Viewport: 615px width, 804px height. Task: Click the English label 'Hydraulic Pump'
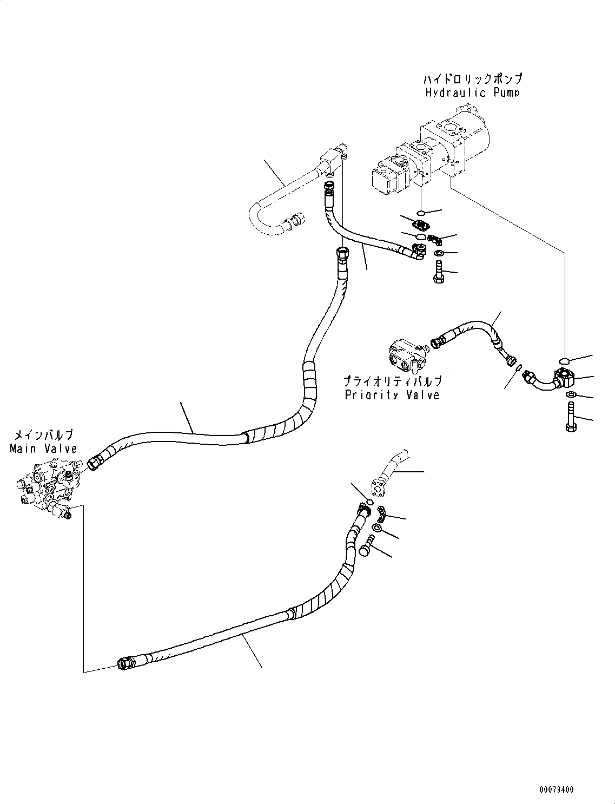[472, 93]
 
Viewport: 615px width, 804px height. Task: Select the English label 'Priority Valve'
[392, 394]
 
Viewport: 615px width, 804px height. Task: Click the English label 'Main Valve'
[43, 448]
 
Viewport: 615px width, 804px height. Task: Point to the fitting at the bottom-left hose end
[125, 663]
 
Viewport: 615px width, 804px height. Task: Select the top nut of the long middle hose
[341, 253]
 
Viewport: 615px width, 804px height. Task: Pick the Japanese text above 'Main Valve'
[43, 435]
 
